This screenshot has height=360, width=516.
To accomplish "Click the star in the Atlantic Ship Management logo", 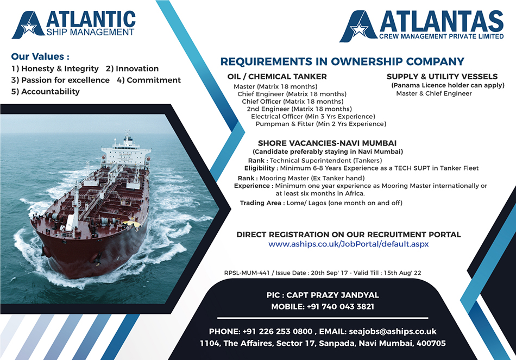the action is (x=29, y=28).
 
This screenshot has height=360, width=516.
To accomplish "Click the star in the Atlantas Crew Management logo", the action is (x=359, y=30).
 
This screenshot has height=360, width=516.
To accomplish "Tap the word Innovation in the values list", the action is (x=137, y=68).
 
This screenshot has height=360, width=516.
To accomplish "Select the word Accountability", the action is (x=51, y=91).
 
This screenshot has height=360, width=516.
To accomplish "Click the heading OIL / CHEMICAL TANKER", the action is (x=277, y=77).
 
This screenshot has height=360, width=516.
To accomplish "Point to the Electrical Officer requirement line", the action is (x=313, y=117).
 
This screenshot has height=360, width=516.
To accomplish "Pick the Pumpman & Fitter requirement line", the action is (x=321, y=124).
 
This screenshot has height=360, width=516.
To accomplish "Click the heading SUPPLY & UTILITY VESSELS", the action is (x=442, y=77).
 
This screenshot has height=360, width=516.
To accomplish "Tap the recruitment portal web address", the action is (x=349, y=244).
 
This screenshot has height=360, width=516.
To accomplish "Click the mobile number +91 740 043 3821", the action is (x=340, y=307).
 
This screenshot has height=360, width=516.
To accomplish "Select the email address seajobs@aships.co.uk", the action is (x=392, y=331).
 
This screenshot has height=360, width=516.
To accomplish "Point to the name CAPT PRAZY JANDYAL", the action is (x=332, y=295).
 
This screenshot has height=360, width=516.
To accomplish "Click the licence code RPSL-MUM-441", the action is (x=247, y=273).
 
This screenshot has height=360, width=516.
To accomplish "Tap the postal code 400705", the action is (x=431, y=344).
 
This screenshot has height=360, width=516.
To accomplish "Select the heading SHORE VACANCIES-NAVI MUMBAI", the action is (x=327, y=143).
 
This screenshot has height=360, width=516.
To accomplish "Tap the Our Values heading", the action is (x=40, y=56).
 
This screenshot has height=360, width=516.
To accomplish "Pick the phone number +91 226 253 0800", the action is (x=278, y=331).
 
